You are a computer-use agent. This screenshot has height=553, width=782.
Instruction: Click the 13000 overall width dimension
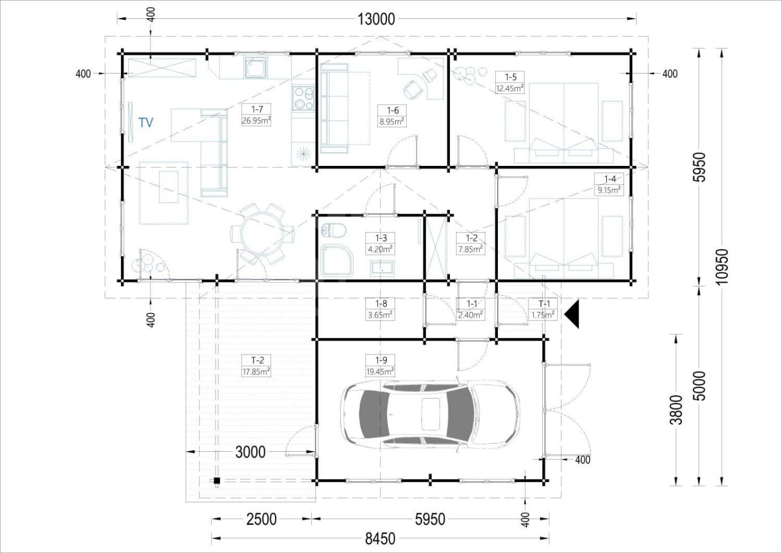(376, 19)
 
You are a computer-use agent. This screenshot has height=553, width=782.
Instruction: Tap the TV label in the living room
(146, 123)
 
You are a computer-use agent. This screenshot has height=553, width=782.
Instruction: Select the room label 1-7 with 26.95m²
(256, 114)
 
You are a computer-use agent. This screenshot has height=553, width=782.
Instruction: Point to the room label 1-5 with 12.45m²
(510, 82)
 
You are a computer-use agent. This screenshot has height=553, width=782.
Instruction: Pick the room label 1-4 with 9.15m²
(609, 185)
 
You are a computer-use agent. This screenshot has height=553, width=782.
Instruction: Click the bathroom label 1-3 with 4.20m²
(381, 243)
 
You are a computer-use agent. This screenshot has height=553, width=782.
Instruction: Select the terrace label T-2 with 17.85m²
(256, 366)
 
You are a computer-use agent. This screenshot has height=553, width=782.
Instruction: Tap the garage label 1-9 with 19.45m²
(381, 366)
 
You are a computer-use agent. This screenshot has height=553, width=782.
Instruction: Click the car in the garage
(430, 414)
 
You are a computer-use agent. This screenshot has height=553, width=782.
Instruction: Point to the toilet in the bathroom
(333, 230)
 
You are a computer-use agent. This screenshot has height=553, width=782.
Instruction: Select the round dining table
(262, 234)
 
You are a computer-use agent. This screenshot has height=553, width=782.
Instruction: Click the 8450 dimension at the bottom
(380, 539)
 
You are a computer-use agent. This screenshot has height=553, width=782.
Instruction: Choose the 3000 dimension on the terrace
(250, 452)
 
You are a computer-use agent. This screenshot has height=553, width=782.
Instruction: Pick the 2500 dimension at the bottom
(261, 519)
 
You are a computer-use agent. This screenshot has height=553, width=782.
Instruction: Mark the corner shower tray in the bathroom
(337, 260)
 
